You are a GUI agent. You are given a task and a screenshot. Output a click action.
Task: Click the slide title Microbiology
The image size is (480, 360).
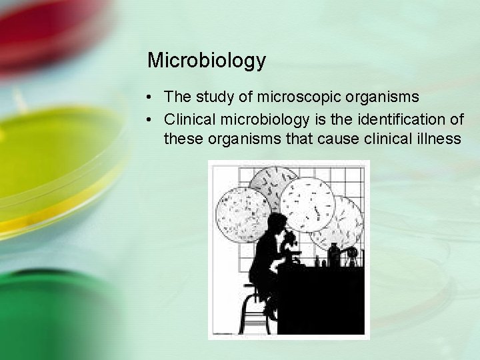click(206, 61)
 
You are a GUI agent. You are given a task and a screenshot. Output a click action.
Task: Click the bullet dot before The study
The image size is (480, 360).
click(152, 97)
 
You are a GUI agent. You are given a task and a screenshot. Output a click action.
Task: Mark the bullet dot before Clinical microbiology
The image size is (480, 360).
click(152, 120)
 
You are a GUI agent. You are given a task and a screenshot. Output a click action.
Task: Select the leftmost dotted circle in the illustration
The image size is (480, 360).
click(243, 213)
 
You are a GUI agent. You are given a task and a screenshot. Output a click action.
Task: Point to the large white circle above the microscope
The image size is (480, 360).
click(307, 203)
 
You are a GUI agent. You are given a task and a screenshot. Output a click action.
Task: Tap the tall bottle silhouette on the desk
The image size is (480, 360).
click(334, 255)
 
